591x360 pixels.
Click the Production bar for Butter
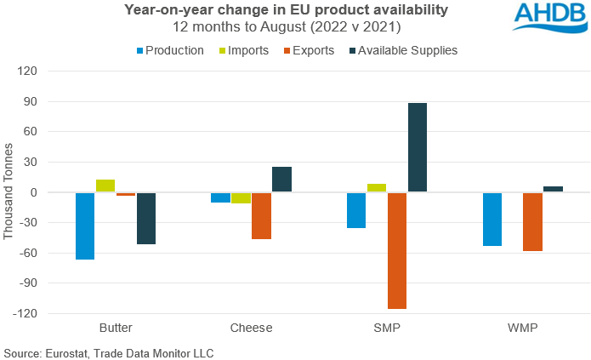click(85, 226)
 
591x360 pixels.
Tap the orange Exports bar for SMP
click(397, 250)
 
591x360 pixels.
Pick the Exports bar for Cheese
click(261, 215)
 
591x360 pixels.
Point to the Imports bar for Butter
click(105, 186)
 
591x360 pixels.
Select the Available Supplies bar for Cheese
click(281, 179)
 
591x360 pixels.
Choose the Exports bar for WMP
click(533, 221)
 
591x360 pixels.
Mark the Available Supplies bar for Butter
click(146, 218)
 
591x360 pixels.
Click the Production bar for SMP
click(356, 210)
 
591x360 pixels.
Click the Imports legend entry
click(244, 50)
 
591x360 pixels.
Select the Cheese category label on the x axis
click(251, 327)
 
